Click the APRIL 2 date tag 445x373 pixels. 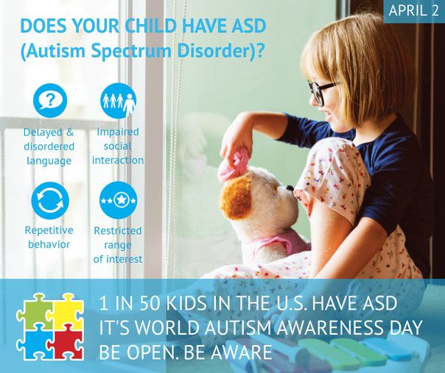tap(413, 12)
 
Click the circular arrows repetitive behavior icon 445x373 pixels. tap(50, 201)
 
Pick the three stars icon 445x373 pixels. tap(118, 201)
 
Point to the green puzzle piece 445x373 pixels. tap(35, 311)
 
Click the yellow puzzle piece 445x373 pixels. tap(65, 310)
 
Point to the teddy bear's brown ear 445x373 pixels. tap(238, 195)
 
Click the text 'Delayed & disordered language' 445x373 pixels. tap(49, 146)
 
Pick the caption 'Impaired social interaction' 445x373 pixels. tap(118, 146)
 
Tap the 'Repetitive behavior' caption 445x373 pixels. tap(49, 237)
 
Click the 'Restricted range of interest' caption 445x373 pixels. tap(118, 245)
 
